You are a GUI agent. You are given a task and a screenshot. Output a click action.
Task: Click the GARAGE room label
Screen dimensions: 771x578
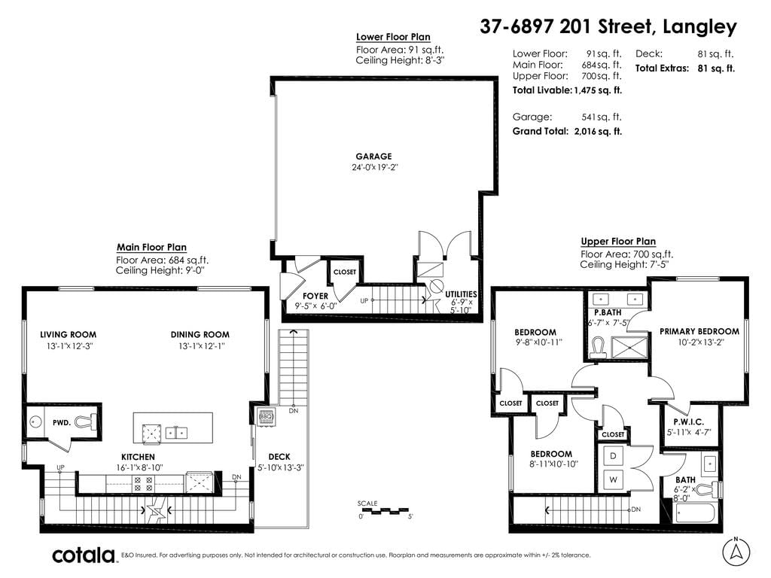(x=373, y=157)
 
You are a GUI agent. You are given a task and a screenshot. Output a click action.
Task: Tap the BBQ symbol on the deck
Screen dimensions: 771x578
(x=266, y=416)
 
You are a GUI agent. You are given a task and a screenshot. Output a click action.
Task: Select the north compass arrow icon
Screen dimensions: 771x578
(x=736, y=551)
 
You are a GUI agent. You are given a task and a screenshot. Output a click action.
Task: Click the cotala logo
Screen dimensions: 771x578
(x=84, y=555)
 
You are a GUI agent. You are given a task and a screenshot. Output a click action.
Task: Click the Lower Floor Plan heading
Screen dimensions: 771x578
(x=393, y=37)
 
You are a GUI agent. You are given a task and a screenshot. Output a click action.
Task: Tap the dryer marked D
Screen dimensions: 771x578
(x=613, y=455)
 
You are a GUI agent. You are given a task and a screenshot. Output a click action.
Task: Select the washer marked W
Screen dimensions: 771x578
(x=613, y=479)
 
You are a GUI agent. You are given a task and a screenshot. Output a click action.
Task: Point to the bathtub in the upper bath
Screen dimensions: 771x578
(x=695, y=514)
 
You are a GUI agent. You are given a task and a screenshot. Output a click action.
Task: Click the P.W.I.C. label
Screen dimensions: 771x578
(x=688, y=421)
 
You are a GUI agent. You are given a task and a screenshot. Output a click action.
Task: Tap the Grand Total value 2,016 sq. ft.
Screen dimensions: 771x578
(x=598, y=131)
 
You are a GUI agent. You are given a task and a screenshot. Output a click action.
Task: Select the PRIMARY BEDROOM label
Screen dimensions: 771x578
(x=699, y=331)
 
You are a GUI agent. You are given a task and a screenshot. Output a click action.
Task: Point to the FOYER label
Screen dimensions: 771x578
(x=315, y=296)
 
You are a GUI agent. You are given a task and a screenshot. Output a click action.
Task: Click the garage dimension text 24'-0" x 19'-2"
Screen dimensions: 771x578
(x=375, y=167)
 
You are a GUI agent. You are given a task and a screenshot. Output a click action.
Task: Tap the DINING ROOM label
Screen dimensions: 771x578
(x=200, y=334)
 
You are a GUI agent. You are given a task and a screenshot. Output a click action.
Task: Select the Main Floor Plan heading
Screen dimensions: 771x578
(x=151, y=247)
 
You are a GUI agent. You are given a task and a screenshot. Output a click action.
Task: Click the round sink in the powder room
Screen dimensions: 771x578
(x=35, y=421)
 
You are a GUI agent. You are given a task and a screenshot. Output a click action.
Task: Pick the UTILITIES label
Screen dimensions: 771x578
(x=462, y=294)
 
